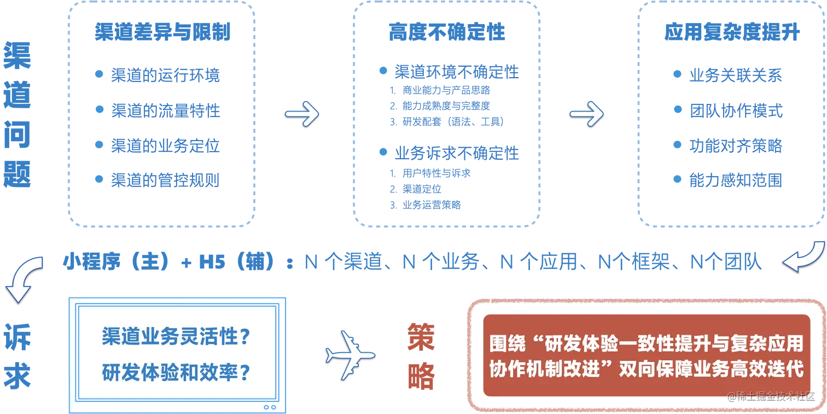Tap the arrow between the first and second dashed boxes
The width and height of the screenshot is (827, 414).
click(302, 113)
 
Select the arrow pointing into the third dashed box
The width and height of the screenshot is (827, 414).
click(587, 113)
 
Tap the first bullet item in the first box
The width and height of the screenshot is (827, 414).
click(166, 74)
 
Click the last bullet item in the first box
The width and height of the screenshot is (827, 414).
click(166, 180)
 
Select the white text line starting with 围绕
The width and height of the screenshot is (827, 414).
click(645, 343)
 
